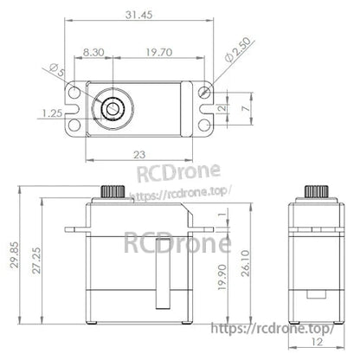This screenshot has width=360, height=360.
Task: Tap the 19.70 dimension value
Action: (x=157, y=52)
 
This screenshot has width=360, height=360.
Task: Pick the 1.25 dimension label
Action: (x=49, y=112)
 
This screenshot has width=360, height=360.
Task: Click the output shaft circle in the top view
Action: (x=112, y=108)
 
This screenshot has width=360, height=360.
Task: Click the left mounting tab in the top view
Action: (x=75, y=108)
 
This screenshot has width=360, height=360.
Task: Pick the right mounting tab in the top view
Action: (x=204, y=108)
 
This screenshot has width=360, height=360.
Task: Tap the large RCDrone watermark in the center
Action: (x=177, y=242)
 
